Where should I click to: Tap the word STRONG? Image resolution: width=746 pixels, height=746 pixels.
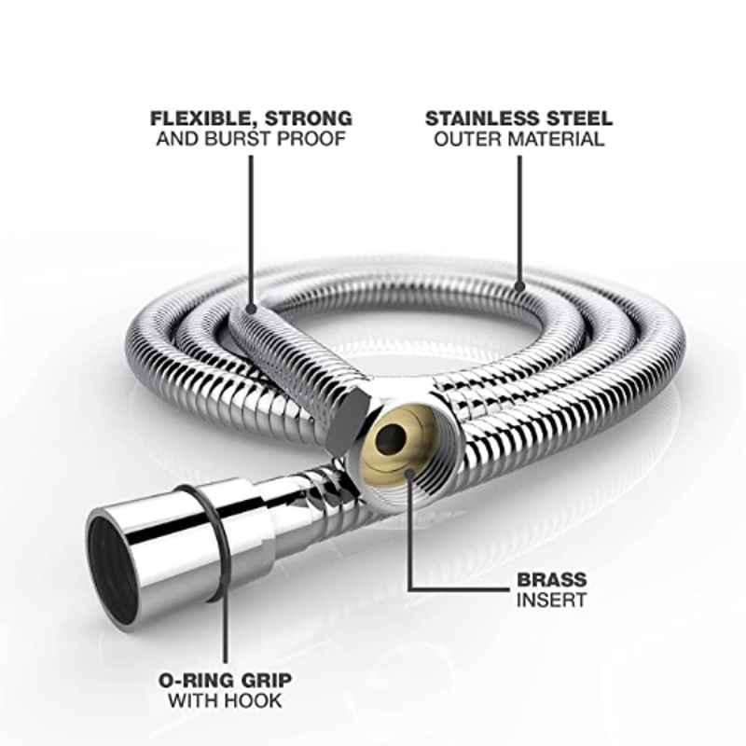[x=309, y=118]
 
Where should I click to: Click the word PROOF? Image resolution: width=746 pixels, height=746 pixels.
[x=311, y=139]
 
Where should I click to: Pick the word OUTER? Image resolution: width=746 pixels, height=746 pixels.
[x=468, y=139]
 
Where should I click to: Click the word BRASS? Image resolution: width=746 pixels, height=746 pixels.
[x=552, y=579]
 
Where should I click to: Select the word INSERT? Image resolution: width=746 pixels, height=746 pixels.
[x=551, y=600]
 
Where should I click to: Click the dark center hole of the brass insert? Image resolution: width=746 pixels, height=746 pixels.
[x=390, y=438]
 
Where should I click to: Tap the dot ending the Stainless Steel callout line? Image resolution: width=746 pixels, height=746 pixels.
[x=519, y=286]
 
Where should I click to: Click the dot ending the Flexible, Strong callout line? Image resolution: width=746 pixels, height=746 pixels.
[x=251, y=309]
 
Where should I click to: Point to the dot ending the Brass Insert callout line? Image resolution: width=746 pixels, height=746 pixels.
[x=409, y=473]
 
